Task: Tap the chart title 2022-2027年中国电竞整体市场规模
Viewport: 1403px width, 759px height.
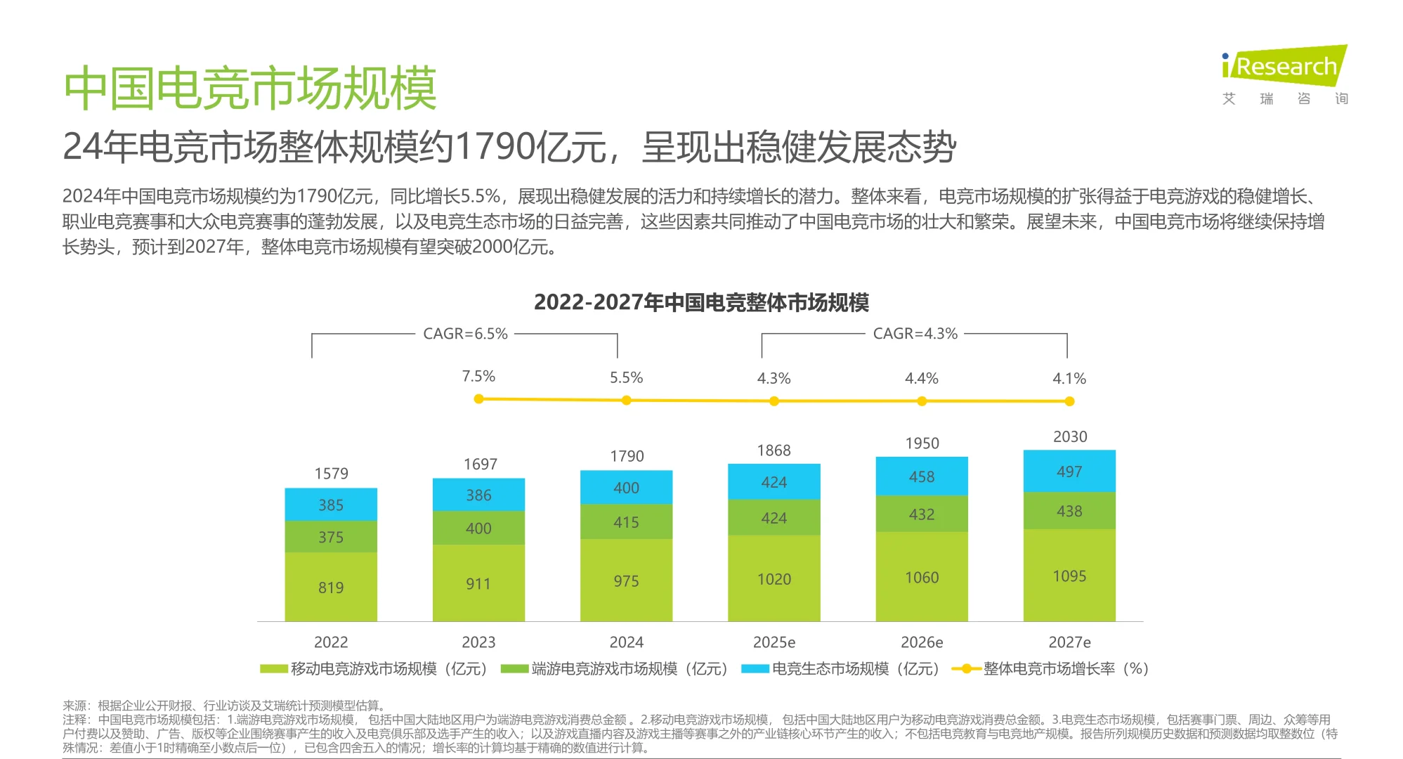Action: tap(701, 302)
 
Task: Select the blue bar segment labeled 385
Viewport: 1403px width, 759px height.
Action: tap(331, 505)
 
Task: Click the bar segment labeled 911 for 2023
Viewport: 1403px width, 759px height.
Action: tap(478, 583)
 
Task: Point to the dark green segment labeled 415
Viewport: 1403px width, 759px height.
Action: tap(626, 522)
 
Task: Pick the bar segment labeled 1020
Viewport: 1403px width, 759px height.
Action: tap(774, 579)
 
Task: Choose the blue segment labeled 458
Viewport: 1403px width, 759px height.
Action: tap(922, 476)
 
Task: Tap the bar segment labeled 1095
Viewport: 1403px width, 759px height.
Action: tap(1069, 576)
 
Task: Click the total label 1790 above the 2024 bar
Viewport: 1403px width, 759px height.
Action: tap(627, 456)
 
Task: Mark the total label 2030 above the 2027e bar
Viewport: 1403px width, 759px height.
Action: tap(1070, 436)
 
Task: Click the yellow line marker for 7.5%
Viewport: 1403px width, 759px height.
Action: tap(478, 399)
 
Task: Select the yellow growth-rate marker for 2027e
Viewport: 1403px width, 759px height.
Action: tap(1069, 401)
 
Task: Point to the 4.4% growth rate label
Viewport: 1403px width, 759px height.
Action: tap(922, 378)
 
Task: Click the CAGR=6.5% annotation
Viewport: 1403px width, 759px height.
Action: tap(465, 334)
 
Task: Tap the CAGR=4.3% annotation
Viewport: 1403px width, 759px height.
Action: tap(915, 334)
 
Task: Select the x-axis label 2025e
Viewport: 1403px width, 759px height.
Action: tap(774, 642)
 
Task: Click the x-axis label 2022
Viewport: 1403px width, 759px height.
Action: tap(331, 642)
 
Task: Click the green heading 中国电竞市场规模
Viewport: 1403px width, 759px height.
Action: tap(250, 89)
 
